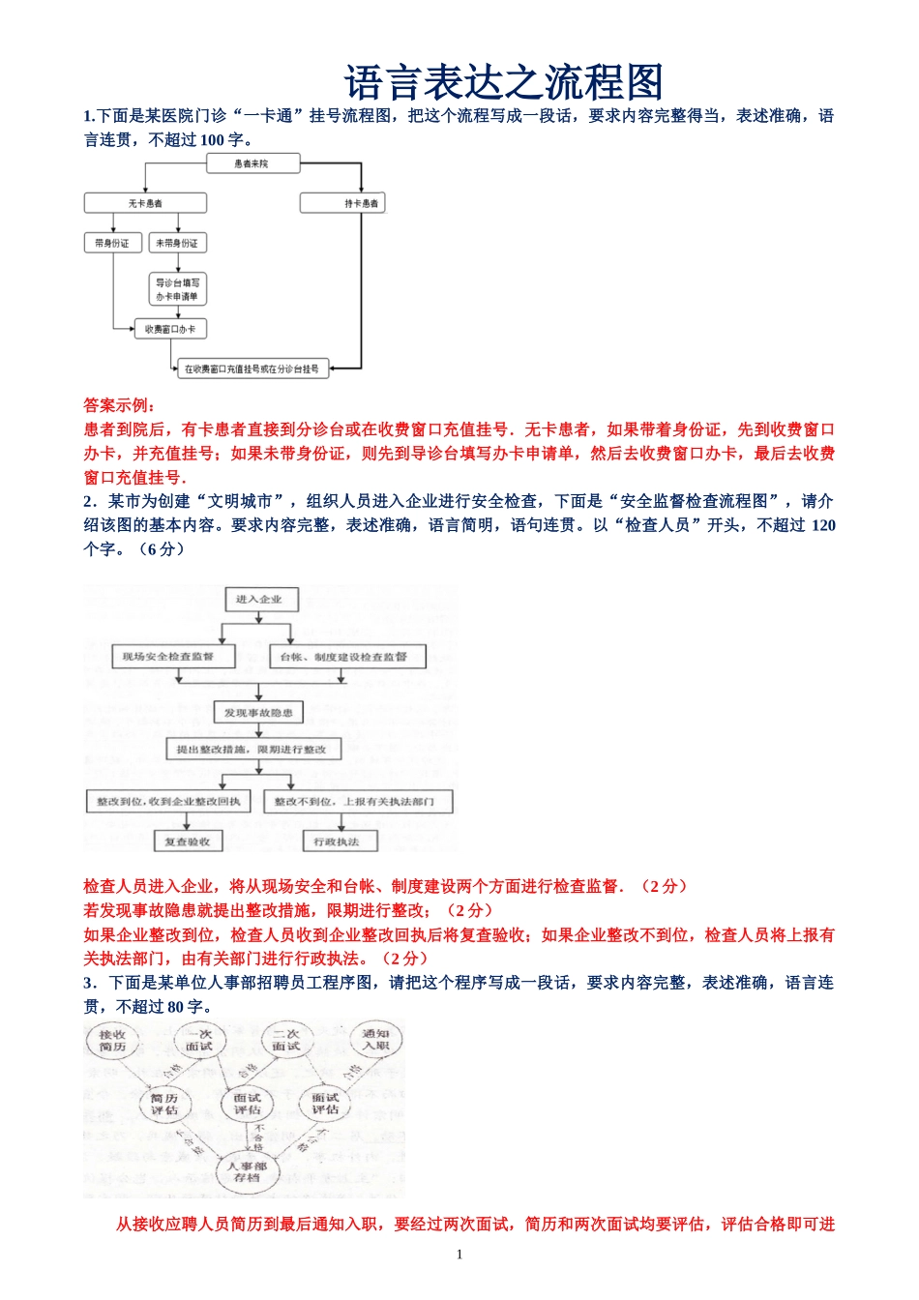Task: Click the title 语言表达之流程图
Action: [503, 83]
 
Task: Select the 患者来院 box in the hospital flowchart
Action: [252, 164]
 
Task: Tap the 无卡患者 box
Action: [145, 203]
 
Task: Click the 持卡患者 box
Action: [342, 203]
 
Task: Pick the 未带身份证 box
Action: [177, 243]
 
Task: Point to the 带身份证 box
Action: [112, 243]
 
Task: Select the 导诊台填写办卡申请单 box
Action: [177, 289]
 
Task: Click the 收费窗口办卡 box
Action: [170, 329]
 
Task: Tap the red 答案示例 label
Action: [120, 405]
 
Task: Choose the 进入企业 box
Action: [258, 600]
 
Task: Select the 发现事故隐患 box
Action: [258, 713]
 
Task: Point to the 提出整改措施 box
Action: [252, 750]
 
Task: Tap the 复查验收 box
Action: [188, 842]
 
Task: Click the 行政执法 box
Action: [337, 842]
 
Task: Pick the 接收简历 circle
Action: [112, 1041]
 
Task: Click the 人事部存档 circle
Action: [248, 1172]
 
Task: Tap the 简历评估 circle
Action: [164, 1105]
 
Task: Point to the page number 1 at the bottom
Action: [459, 1255]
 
